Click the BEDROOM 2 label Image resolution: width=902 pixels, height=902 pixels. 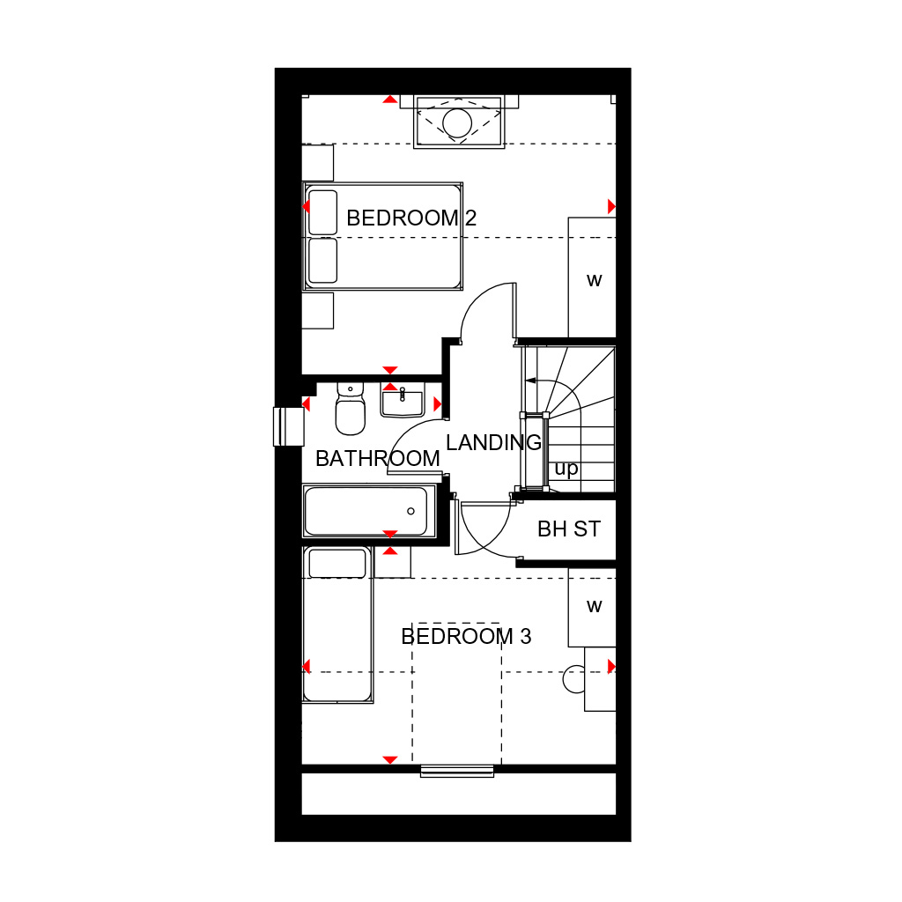(x=411, y=218)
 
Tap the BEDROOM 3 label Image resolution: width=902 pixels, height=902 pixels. (x=466, y=636)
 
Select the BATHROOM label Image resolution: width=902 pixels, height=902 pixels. (x=377, y=458)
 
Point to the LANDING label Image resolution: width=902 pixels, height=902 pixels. (x=493, y=442)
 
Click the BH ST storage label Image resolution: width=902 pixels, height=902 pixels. (x=569, y=529)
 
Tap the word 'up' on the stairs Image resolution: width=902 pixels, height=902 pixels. (x=566, y=469)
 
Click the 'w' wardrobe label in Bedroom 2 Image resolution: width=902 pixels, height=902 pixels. (x=595, y=281)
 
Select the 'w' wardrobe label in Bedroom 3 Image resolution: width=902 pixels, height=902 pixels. (x=595, y=606)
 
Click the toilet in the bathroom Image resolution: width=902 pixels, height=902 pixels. (x=351, y=409)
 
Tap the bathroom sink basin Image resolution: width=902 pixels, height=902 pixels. (x=402, y=401)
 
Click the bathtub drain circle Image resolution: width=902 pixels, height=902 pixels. (x=410, y=511)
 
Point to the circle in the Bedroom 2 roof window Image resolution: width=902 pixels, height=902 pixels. (x=457, y=122)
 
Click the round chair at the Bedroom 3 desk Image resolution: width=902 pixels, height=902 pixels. (x=573, y=679)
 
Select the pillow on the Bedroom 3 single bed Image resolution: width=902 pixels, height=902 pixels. (x=337, y=563)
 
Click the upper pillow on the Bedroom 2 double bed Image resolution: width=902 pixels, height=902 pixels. (x=322, y=212)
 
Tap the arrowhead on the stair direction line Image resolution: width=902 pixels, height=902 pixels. (x=530, y=381)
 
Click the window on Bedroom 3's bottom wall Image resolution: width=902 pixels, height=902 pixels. (x=457, y=771)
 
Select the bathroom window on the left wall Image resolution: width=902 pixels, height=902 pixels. (x=288, y=426)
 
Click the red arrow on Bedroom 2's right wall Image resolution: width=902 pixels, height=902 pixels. (x=611, y=206)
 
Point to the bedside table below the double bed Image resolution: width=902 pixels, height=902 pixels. (x=317, y=311)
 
